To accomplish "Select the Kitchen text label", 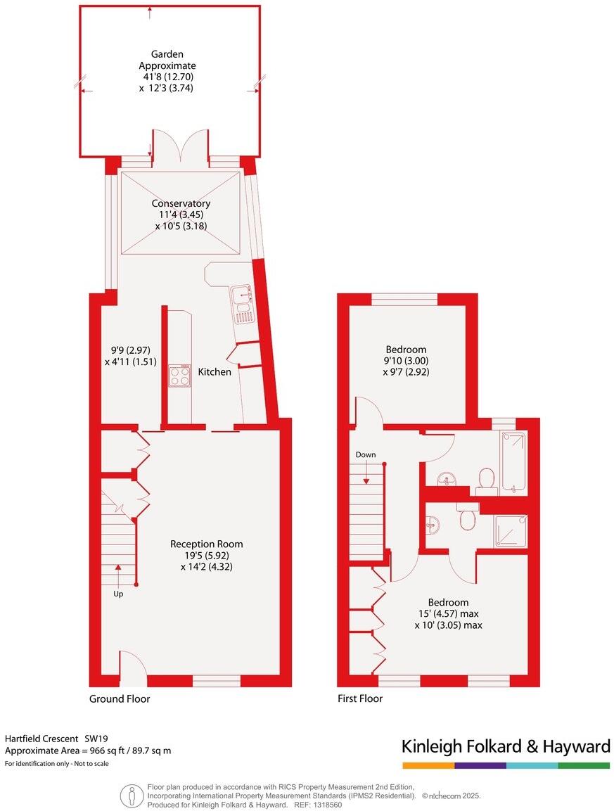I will pos(214,371).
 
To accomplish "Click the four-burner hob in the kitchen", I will pos(180,376).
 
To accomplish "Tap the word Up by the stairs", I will pos(117,594).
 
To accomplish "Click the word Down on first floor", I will pos(366,454).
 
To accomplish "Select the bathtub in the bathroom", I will pos(513,461).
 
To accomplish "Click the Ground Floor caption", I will pos(120,698).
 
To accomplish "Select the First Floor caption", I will pos(360,698).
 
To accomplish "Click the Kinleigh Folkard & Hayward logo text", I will pos(505,746).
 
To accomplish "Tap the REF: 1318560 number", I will pos(327,804).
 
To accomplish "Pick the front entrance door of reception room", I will pos(132,668).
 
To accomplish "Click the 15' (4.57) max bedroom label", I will pos(448,613).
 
